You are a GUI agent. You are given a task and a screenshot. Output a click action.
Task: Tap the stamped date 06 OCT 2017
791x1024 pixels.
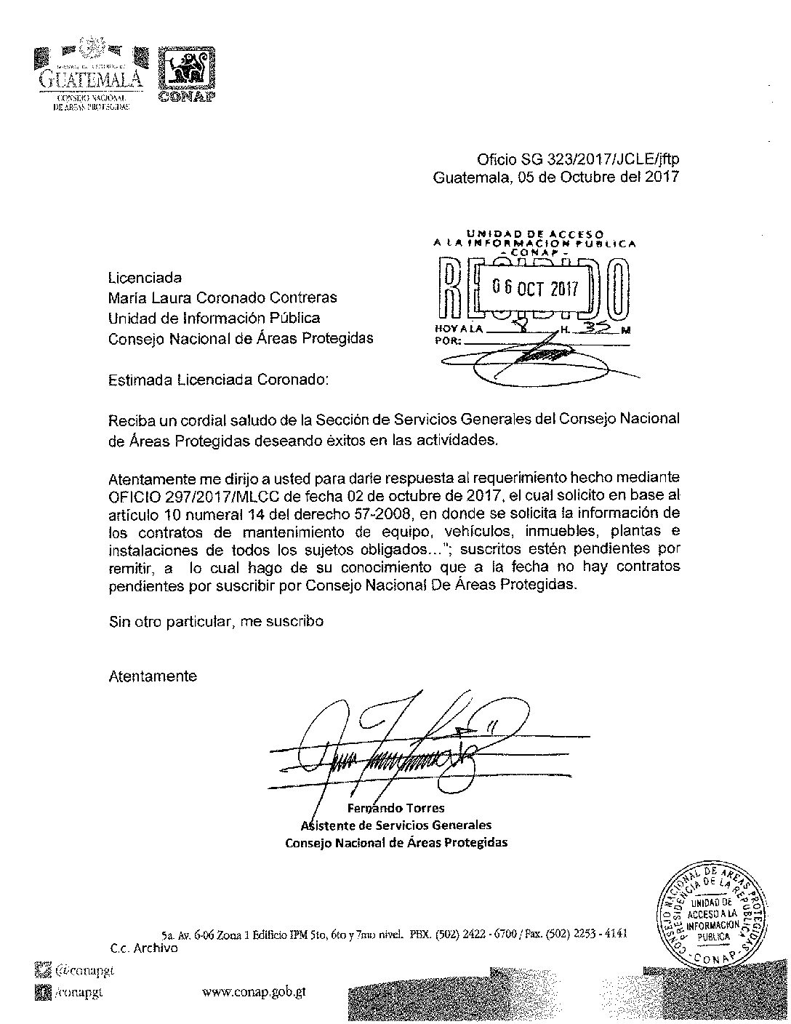(534, 288)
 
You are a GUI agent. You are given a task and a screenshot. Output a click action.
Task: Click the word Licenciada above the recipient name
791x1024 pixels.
(145, 277)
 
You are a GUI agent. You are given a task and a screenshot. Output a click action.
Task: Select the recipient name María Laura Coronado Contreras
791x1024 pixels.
(222, 297)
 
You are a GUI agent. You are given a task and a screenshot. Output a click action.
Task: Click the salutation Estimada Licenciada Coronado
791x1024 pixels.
(218, 380)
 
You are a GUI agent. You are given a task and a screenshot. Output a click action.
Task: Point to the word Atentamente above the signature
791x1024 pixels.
(153, 676)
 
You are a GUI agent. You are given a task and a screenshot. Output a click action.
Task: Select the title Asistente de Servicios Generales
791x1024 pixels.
(396, 825)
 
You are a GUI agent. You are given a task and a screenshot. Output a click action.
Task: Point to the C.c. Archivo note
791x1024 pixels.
(144, 948)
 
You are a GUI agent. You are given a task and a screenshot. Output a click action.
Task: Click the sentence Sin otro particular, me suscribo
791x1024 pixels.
(215, 621)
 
